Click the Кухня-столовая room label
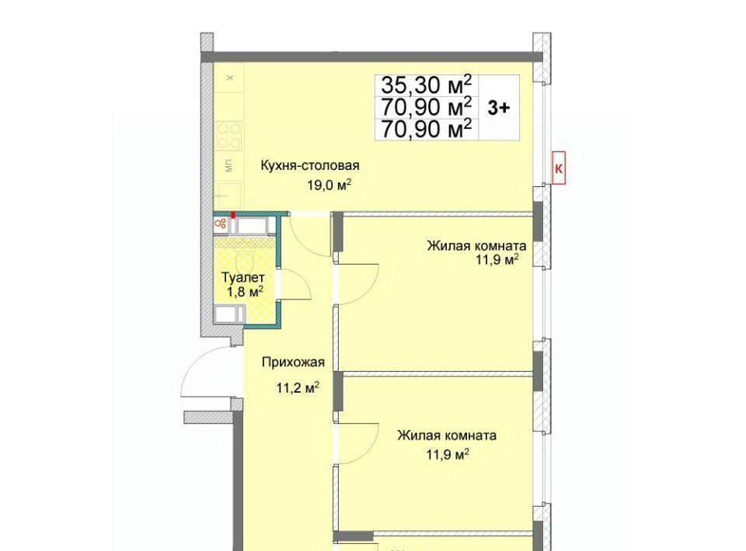[x=310, y=166]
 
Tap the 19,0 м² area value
[x=329, y=185]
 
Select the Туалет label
[x=243, y=277]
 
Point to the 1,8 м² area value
[x=245, y=291]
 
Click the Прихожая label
[x=293, y=362]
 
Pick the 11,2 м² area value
[x=298, y=388]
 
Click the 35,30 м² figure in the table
[x=427, y=85]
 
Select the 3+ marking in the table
[x=499, y=108]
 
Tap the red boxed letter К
[x=559, y=168]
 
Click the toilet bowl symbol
[x=244, y=262]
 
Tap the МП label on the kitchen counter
[x=229, y=166]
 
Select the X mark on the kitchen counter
[x=230, y=78]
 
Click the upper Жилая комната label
[x=476, y=246]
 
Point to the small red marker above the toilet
[x=233, y=215]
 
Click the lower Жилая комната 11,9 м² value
[x=448, y=455]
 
